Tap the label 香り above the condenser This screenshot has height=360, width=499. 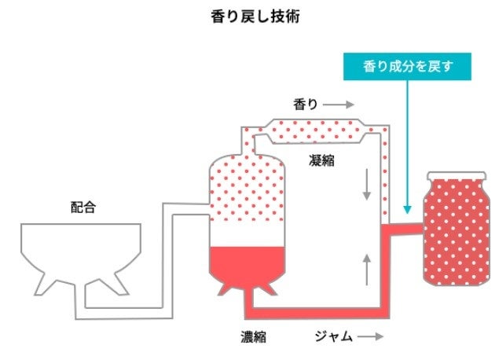point(305,104)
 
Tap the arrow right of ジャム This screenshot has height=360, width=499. point(370,337)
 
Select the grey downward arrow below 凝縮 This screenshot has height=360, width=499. point(366,184)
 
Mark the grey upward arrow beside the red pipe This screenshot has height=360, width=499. point(366,269)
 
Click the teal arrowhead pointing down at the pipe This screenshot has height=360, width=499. point(406,210)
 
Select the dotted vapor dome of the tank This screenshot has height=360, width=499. point(248,189)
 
